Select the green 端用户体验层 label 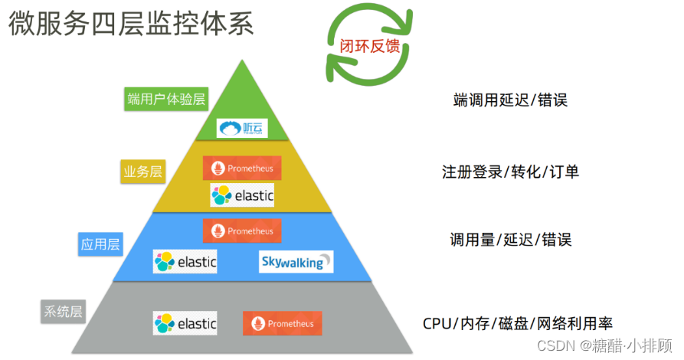coord(166,99)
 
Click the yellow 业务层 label coord(143,172)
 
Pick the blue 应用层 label coord(100,245)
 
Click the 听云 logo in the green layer coord(241,128)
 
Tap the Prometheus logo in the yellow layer coord(242,168)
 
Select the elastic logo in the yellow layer coord(242,195)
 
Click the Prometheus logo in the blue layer coord(242,231)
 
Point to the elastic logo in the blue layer coord(185,262)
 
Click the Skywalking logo coord(296,262)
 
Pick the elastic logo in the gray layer coord(185,323)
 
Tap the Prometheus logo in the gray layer coord(283,323)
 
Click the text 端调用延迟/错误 coord(510,100)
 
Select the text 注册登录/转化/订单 coord(510,171)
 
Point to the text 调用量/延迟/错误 coord(510,240)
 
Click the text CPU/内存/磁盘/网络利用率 coord(518,322)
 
